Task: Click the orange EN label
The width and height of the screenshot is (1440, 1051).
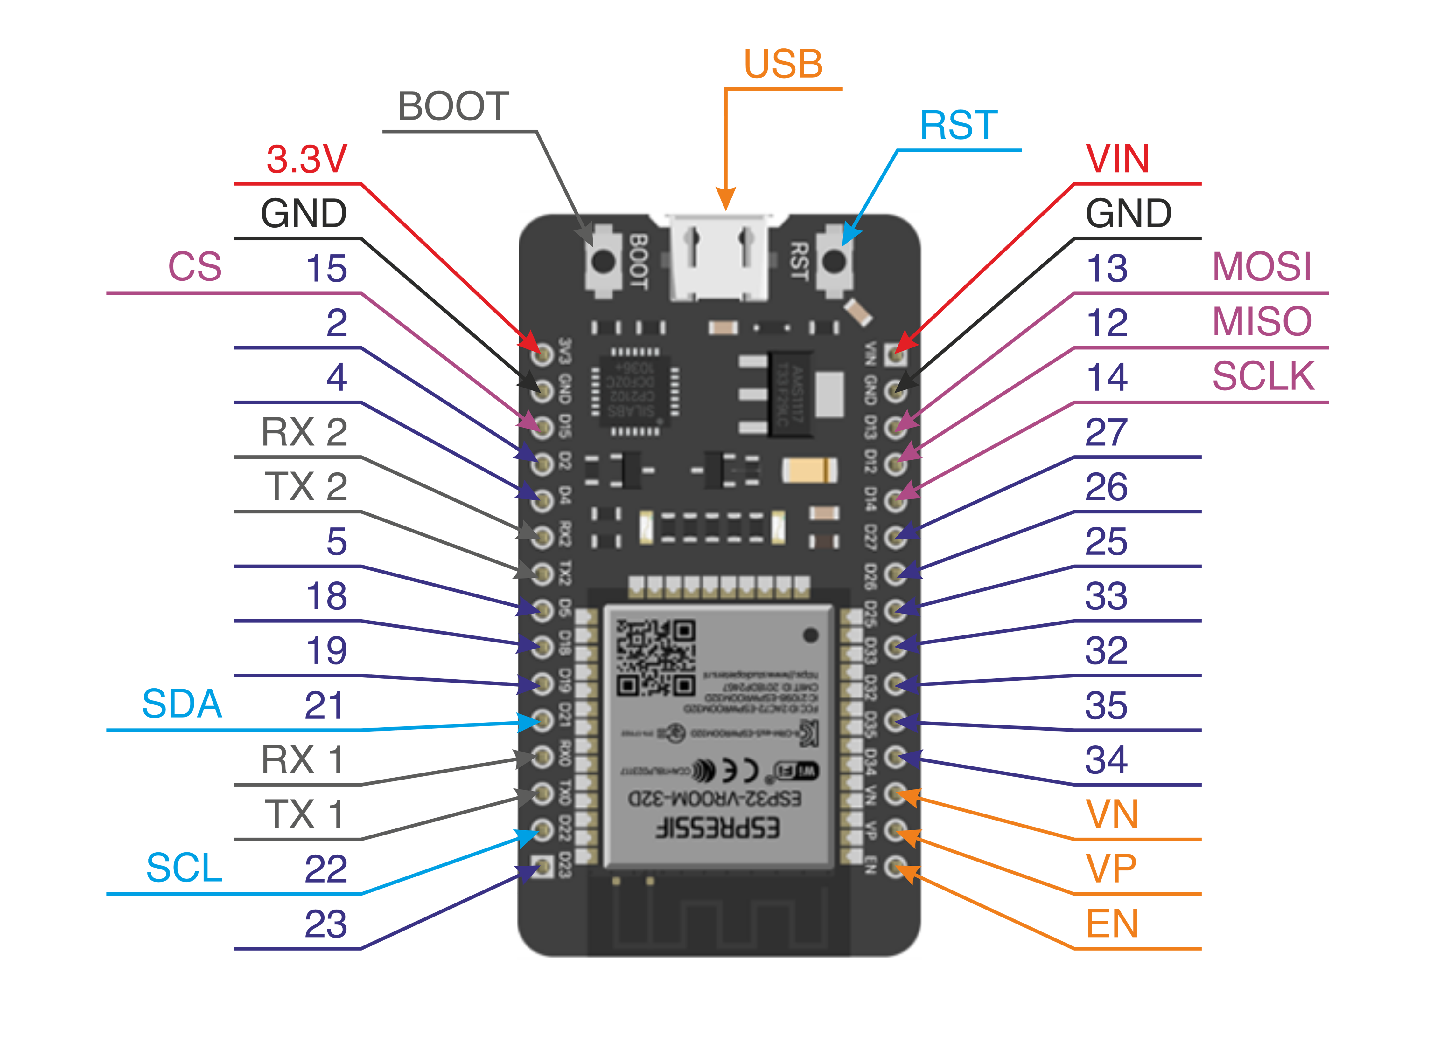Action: [x=1112, y=924]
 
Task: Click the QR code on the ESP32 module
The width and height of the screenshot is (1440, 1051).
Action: [x=656, y=658]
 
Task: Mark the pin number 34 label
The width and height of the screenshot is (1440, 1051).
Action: [x=1107, y=760]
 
